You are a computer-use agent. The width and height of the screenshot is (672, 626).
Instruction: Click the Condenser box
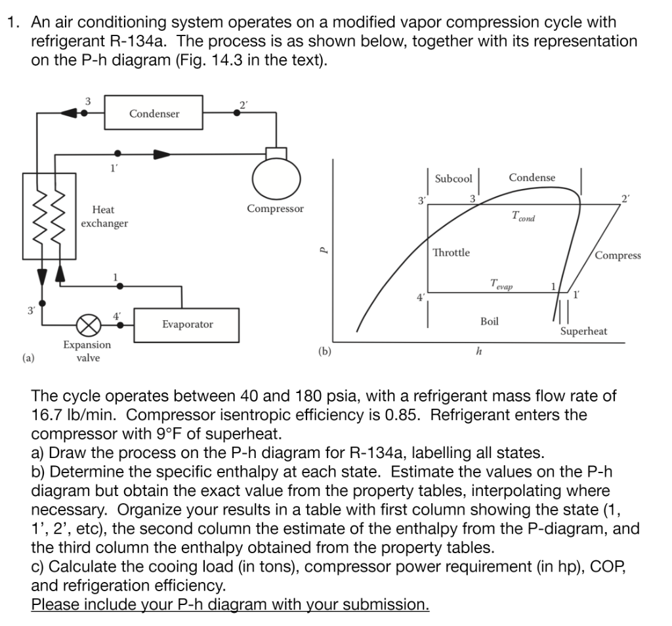(154, 114)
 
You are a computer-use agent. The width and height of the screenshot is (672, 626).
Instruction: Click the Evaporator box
(188, 324)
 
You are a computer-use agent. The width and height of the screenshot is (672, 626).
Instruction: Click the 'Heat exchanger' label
(104, 217)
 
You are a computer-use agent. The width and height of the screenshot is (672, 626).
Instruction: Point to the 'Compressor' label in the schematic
(275, 209)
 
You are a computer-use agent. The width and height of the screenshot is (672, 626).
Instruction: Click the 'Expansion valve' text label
(87, 351)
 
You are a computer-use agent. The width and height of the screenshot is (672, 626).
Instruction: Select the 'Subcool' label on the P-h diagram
(453, 178)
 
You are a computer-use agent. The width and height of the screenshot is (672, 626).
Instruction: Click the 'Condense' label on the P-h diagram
(532, 178)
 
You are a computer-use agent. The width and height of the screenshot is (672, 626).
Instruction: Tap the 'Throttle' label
(451, 253)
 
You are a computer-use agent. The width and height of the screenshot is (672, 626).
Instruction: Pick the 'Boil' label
(489, 321)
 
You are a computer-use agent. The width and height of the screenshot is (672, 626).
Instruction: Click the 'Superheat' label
(583, 331)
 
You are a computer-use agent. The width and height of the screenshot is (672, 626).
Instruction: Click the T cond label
(522, 217)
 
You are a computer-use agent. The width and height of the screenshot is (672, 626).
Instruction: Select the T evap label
(502, 285)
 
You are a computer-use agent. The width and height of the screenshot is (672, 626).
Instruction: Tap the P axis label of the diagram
(321, 250)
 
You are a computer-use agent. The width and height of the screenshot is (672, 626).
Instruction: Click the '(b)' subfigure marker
(325, 351)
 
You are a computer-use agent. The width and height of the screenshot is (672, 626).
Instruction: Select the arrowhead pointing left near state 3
(68, 113)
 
